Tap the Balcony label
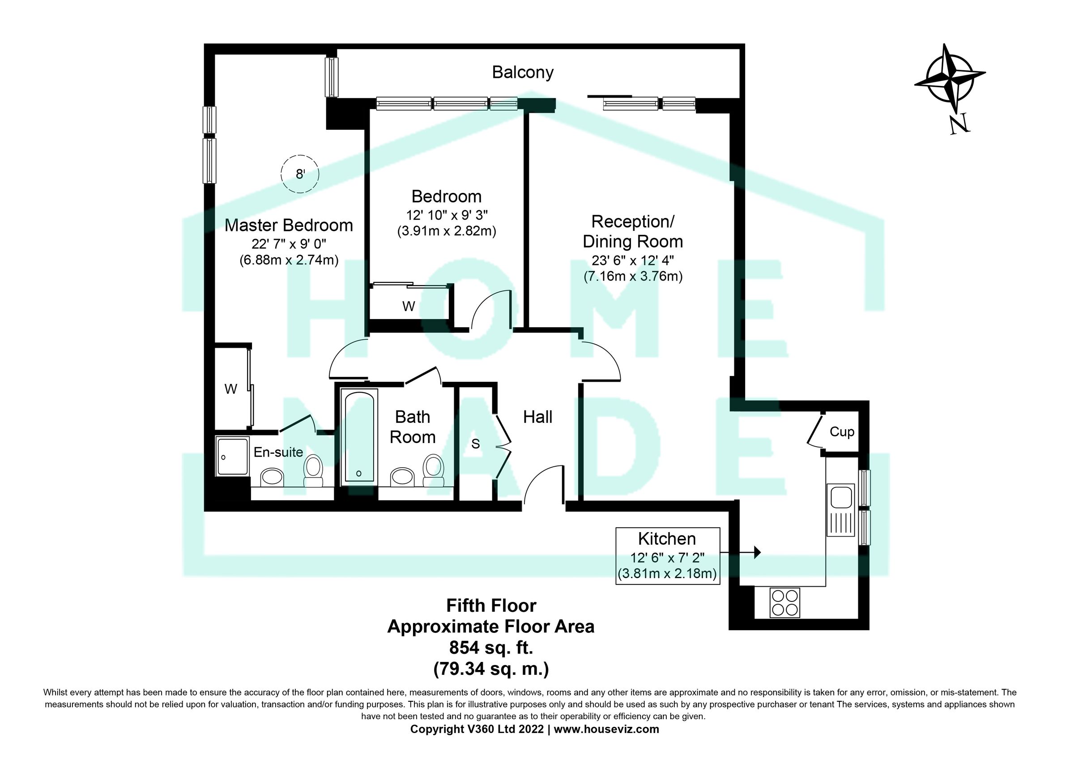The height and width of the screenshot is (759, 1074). [x=523, y=72]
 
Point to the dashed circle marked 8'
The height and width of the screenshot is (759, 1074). [x=300, y=174]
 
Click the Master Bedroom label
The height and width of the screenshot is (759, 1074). [x=289, y=226]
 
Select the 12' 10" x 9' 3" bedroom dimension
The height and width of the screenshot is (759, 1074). [x=447, y=215]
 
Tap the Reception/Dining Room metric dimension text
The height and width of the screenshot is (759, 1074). [x=633, y=277]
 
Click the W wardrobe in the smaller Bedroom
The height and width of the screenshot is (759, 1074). [x=409, y=306]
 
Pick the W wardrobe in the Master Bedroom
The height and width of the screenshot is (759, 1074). [x=230, y=389]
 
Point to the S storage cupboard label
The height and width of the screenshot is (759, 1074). [x=476, y=444]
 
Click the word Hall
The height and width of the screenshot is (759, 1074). [x=537, y=417]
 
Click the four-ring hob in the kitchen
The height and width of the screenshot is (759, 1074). [x=784, y=603]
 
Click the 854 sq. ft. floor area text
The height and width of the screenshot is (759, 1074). [x=491, y=648]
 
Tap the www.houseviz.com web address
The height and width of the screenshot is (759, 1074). [x=606, y=729]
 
